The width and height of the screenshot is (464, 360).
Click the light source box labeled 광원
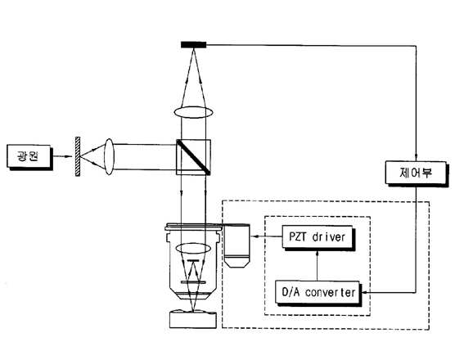click(x=29, y=157)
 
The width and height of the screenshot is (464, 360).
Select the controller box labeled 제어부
click(x=417, y=173)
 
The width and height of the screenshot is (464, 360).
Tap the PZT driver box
click(x=318, y=237)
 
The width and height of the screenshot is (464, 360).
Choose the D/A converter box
click(x=318, y=293)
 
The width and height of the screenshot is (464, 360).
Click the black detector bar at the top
click(x=193, y=45)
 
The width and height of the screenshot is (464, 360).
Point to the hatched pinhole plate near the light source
click(x=78, y=156)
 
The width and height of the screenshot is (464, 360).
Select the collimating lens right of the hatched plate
click(x=109, y=156)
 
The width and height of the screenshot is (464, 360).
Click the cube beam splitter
click(x=193, y=157)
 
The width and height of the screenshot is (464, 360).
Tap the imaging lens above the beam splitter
click(x=193, y=112)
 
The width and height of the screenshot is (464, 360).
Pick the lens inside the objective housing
click(x=193, y=249)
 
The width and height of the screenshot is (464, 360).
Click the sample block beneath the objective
click(x=193, y=319)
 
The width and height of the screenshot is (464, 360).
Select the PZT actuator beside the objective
click(x=237, y=246)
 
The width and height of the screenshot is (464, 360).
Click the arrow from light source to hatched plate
click(x=63, y=156)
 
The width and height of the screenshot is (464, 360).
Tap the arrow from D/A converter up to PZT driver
click(x=317, y=266)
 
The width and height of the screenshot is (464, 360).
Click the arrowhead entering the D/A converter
click(x=365, y=292)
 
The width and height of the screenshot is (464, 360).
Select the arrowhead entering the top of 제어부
click(x=416, y=157)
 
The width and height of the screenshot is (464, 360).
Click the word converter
click(x=331, y=293)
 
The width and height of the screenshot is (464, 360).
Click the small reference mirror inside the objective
click(x=193, y=260)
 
